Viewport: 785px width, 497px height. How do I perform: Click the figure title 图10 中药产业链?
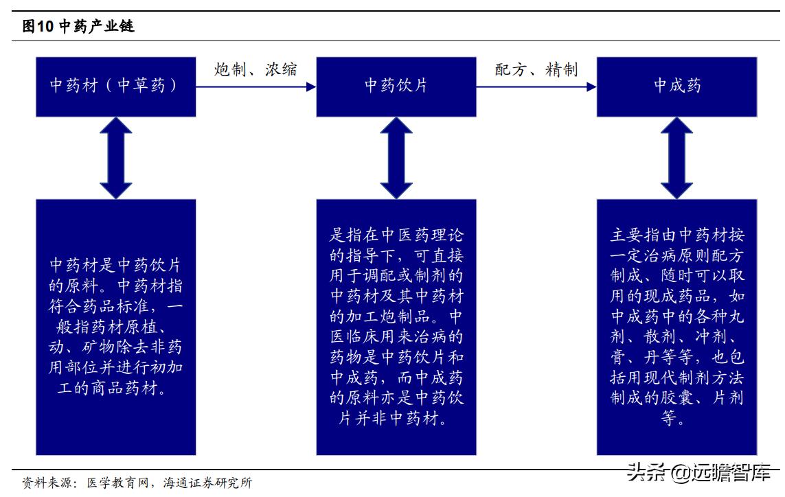pyautogui.click(x=78, y=27)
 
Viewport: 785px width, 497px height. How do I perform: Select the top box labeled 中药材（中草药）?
pyautogui.click(x=115, y=86)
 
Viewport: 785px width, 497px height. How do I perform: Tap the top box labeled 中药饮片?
pyautogui.click(x=396, y=86)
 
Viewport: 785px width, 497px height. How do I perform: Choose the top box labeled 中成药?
pyautogui.click(x=676, y=86)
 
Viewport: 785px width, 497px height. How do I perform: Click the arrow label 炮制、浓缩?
pyautogui.click(x=255, y=69)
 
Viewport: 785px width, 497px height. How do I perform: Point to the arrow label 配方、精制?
pyautogui.click(x=536, y=69)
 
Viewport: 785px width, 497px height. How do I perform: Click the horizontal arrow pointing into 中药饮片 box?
pyautogui.click(x=255, y=87)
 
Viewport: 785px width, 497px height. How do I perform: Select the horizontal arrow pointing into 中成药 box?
pyautogui.click(x=536, y=87)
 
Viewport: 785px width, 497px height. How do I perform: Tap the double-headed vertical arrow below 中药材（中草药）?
pyautogui.click(x=115, y=158)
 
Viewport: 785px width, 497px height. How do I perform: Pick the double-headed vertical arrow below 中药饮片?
pyautogui.click(x=396, y=158)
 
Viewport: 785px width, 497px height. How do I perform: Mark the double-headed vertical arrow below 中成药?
pyautogui.click(x=676, y=158)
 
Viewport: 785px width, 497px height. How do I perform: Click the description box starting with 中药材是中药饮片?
pyautogui.click(x=115, y=327)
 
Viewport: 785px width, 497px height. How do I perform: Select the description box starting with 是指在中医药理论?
pyautogui.click(x=396, y=327)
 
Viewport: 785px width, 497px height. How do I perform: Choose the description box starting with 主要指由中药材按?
pyautogui.click(x=676, y=327)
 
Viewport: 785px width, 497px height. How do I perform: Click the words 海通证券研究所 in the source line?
pyautogui.click(x=207, y=483)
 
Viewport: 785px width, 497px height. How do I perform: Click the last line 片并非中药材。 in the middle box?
pyautogui.click(x=396, y=418)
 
